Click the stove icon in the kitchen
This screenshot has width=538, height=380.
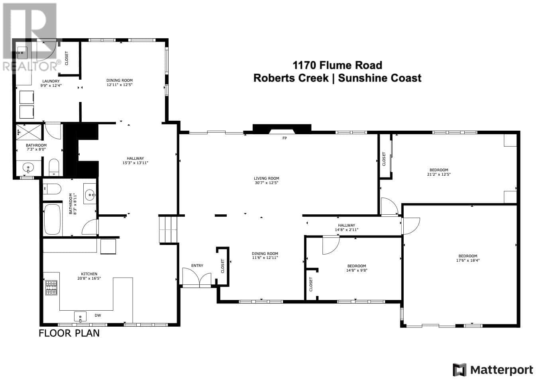pos(51,288)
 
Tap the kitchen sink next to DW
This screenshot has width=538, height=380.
pos(80,317)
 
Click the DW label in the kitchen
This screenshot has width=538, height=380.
pos(98,315)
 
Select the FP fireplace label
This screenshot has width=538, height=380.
pos(285,138)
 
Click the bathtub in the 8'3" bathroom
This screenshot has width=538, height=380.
pos(52,219)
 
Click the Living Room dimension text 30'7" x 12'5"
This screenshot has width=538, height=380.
pos(267,183)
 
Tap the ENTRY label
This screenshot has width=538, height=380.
pos(197,266)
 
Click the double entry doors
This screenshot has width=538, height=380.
pos(196,278)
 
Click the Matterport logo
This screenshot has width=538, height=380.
pos(493,370)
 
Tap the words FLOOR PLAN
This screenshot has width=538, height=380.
pos(69,333)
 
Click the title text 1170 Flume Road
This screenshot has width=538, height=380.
pos(337,65)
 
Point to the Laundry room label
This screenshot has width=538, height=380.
pos(51,81)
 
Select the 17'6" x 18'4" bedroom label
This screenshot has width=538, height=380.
pos(467,258)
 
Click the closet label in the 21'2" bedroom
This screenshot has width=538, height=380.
pos(384,159)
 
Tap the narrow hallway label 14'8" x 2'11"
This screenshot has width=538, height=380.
pos(346,227)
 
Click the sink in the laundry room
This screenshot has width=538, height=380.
pos(22,52)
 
